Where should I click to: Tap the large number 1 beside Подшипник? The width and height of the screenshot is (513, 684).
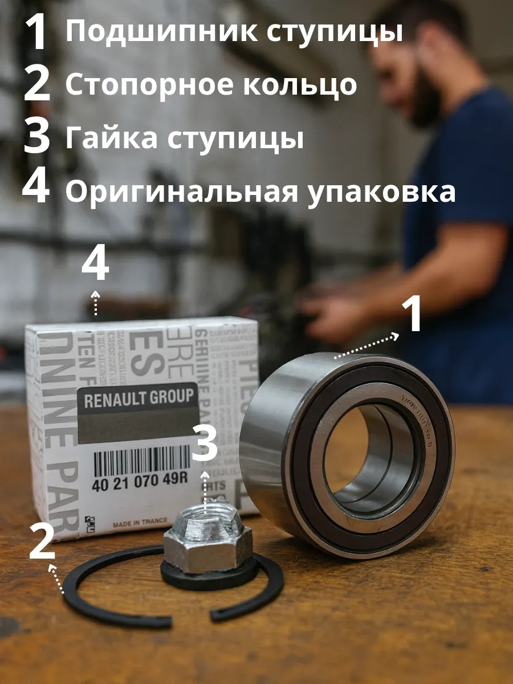click(38, 32)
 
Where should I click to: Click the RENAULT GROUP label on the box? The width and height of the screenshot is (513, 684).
click(139, 398)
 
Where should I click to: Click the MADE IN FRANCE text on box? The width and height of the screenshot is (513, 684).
click(140, 522)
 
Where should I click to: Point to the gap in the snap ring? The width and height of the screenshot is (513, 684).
click(191, 618)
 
